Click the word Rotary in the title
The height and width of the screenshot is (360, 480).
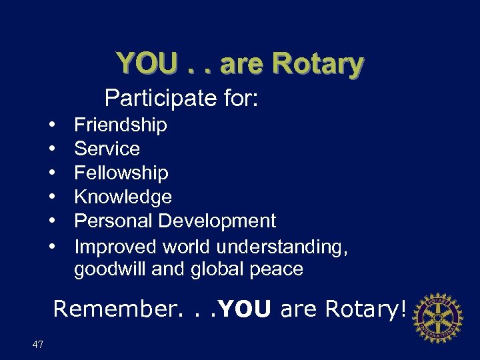pyautogui.click(x=318, y=64)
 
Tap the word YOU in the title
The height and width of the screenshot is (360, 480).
pyautogui.click(x=147, y=64)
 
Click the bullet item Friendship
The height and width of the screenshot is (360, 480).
pyautogui.click(x=120, y=125)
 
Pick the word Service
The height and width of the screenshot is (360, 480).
pyautogui.click(x=107, y=149)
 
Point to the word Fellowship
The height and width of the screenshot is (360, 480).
pyautogui.click(x=121, y=173)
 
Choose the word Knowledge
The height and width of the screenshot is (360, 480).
pyautogui.click(x=123, y=197)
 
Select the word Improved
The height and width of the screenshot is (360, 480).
pyautogui.click(x=115, y=247)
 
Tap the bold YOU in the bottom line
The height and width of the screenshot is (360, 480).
pyautogui.click(x=245, y=309)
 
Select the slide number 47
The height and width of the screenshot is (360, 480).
pyautogui.click(x=37, y=345)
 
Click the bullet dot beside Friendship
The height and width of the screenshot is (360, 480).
pyautogui.click(x=52, y=125)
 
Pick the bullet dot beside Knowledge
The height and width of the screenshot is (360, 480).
pyautogui.click(x=52, y=197)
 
